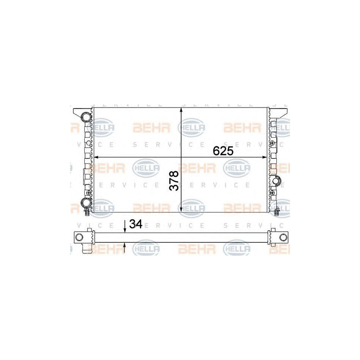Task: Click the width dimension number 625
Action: (x=223, y=151)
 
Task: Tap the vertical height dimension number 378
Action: (x=174, y=180)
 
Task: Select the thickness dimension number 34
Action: (x=136, y=224)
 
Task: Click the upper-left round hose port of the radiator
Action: (x=86, y=117)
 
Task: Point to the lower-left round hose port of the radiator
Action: (x=86, y=202)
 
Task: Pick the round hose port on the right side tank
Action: (x=276, y=180)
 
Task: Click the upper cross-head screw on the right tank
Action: (x=273, y=143)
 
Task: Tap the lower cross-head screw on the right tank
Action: (x=272, y=192)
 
